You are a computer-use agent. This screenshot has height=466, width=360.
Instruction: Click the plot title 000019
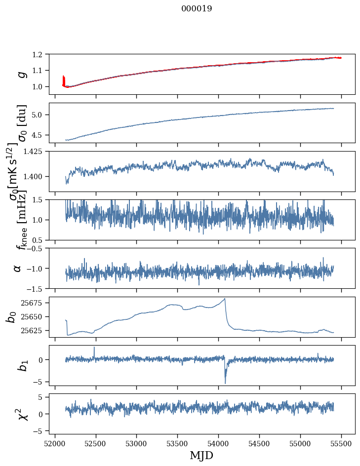point(197,8)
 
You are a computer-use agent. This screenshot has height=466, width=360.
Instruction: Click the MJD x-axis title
point(201,455)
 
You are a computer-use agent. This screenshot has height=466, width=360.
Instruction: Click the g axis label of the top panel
point(21,74)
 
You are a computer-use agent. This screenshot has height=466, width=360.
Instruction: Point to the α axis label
point(17,268)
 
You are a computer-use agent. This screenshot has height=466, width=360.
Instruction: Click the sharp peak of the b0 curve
point(225,299)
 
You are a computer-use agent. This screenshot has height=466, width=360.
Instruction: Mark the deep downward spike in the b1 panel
point(225,383)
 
